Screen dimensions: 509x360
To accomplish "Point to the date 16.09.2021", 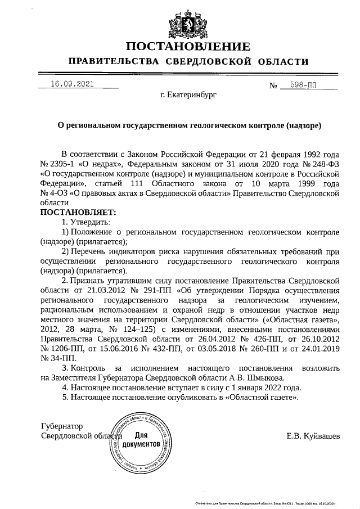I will pyautogui.click(x=71, y=84).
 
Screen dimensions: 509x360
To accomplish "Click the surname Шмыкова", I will pyautogui.click(x=273, y=378).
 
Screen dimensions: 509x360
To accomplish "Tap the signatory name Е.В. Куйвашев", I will pyautogui.click(x=313, y=436).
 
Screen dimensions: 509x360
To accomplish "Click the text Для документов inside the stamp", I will pyautogui.click(x=142, y=439).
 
